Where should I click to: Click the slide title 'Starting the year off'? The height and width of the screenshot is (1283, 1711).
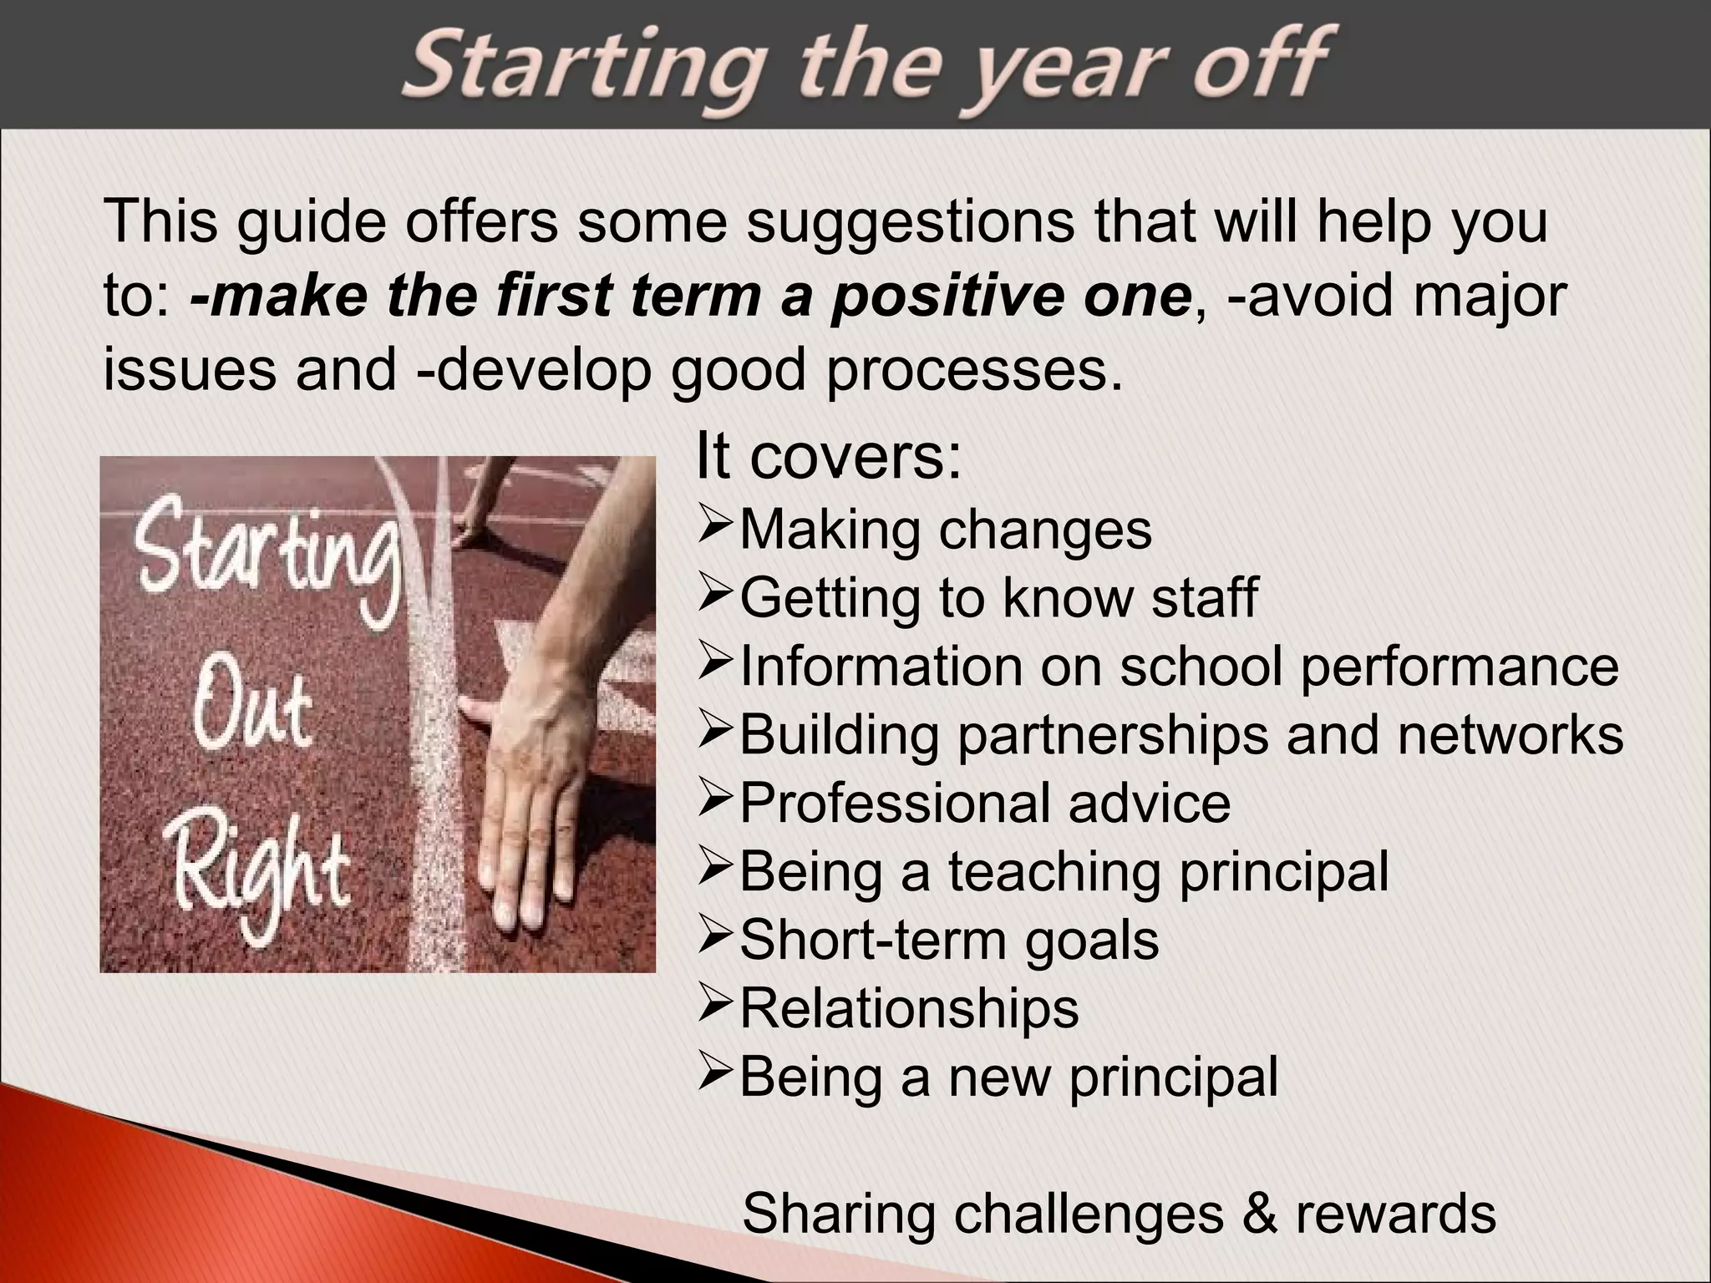pos(866,68)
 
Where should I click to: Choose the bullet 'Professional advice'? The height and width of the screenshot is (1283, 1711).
pos(985,804)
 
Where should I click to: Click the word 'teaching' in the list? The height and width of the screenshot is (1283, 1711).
pos(1054,872)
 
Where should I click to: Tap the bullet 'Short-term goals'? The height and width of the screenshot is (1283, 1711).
pos(949,941)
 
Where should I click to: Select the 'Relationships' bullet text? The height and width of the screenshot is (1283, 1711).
pos(909,1009)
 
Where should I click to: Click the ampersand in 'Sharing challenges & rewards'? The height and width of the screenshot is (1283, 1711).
pos(1260,1215)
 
